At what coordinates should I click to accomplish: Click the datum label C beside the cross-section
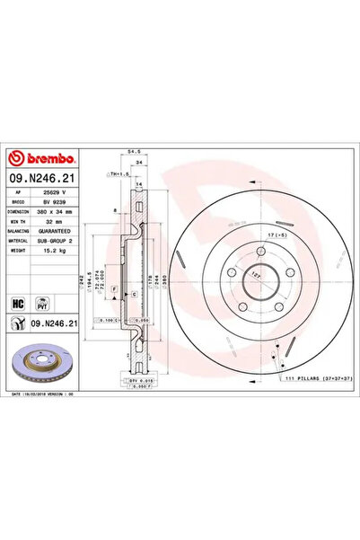pyautogui.click(x=134, y=295)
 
